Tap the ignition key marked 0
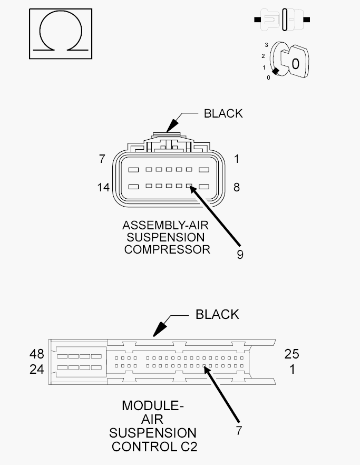tap(295, 62)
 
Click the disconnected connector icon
tap(282, 20)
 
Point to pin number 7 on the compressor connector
tap(102, 159)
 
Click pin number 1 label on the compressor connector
tap(236, 159)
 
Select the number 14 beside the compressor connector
tap(103, 188)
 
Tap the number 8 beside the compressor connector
tap(236, 188)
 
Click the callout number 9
tap(240, 255)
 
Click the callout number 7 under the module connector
tap(239, 431)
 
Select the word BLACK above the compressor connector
tap(223, 113)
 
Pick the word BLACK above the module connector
tap(217, 315)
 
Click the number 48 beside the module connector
tap(37, 354)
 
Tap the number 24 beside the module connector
tap(37, 370)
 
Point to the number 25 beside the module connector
tap(292, 354)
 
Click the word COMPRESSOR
tap(167, 249)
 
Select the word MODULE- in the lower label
tap(153, 406)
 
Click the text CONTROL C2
tap(154, 447)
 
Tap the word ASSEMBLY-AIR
tap(166, 226)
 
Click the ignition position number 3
tap(266, 45)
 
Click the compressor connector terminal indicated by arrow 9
tap(189, 186)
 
